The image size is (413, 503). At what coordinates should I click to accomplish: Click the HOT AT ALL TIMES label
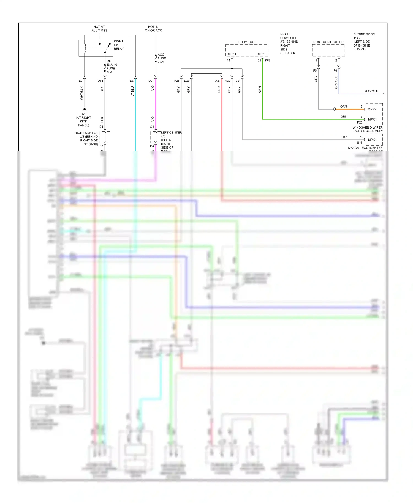(x=99, y=29)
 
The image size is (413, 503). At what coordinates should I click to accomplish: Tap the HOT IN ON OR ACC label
(x=153, y=29)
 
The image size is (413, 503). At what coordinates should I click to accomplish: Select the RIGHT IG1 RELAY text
(x=119, y=45)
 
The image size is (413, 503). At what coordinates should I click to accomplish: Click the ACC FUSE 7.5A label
(x=162, y=58)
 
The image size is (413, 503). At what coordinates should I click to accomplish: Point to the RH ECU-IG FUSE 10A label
(x=112, y=67)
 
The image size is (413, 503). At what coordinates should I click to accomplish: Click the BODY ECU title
(x=246, y=42)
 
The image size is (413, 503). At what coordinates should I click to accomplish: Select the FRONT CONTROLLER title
(x=327, y=42)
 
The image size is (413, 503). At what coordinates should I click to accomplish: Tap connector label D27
(x=151, y=81)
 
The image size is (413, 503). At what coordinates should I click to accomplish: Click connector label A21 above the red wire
(x=218, y=81)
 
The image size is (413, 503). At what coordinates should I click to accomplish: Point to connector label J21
(x=238, y=81)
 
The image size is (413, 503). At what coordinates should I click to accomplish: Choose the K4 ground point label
(x=84, y=114)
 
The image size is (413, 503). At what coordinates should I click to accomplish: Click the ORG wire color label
(x=344, y=106)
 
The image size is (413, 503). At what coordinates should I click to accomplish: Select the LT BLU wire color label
(x=132, y=91)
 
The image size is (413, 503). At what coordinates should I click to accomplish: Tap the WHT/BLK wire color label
(x=81, y=93)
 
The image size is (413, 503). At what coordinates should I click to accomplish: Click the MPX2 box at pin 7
(x=372, y=109)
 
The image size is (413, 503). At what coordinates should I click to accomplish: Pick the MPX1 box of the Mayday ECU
(x=372, y=140)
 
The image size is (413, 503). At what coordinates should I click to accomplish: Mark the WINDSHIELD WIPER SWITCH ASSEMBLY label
(x=368, y=129)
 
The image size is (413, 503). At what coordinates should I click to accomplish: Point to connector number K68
(x=268, y=61)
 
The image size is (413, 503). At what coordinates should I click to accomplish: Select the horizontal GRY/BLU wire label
(x=371, y=91)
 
